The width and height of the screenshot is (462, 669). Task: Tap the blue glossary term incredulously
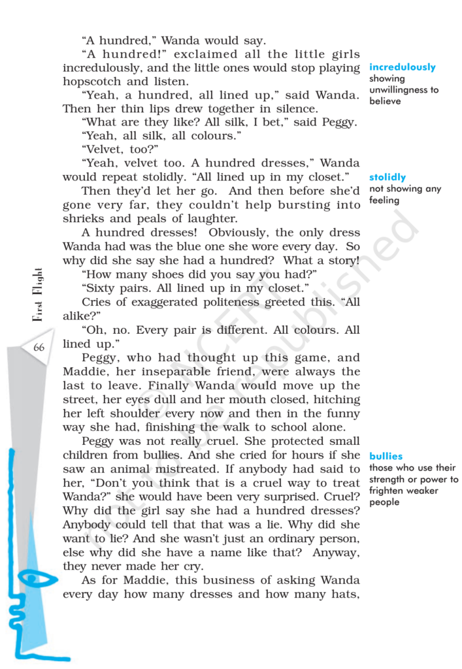click(x=402, y=67)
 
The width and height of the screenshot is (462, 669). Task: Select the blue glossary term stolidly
click(x=387, y=177)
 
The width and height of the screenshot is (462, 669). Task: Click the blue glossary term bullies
click(x=386, y=456)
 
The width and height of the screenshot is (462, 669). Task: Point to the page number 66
click(x=39, y=348)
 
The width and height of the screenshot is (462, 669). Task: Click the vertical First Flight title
click(x=38, y=294)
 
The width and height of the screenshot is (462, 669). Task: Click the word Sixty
click(x=101, y=287)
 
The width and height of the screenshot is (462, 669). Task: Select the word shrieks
click(x=85, y=219)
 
